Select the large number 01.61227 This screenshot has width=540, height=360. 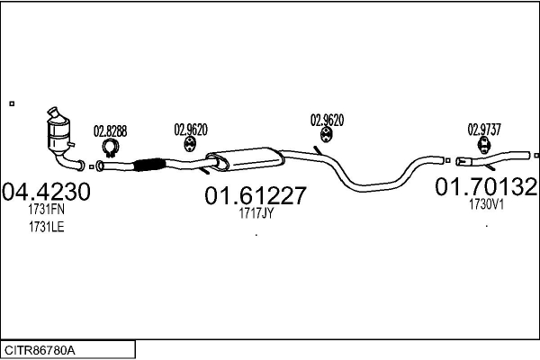coord(256,195)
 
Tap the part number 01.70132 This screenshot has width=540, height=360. coord(486,187)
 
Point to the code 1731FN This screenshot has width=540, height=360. coord(45,210)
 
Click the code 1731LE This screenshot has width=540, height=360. coord(45,227)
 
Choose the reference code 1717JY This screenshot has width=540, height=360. coord(256,213)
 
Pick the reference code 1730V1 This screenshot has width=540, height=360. coord(486,204)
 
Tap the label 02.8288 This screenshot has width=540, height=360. coord(111,130)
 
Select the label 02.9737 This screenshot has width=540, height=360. coord(484,128)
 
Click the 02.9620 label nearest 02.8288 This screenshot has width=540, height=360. coord(191,129)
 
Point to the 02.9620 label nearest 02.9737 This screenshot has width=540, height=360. coord(327,119)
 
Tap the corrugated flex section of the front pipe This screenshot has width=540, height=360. coord(148,164)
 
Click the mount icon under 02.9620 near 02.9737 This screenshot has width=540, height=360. coord(325,135)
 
